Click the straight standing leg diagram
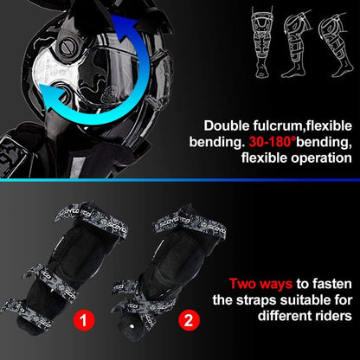click(x=259, y=38)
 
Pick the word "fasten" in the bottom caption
click(x=328, y=281)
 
